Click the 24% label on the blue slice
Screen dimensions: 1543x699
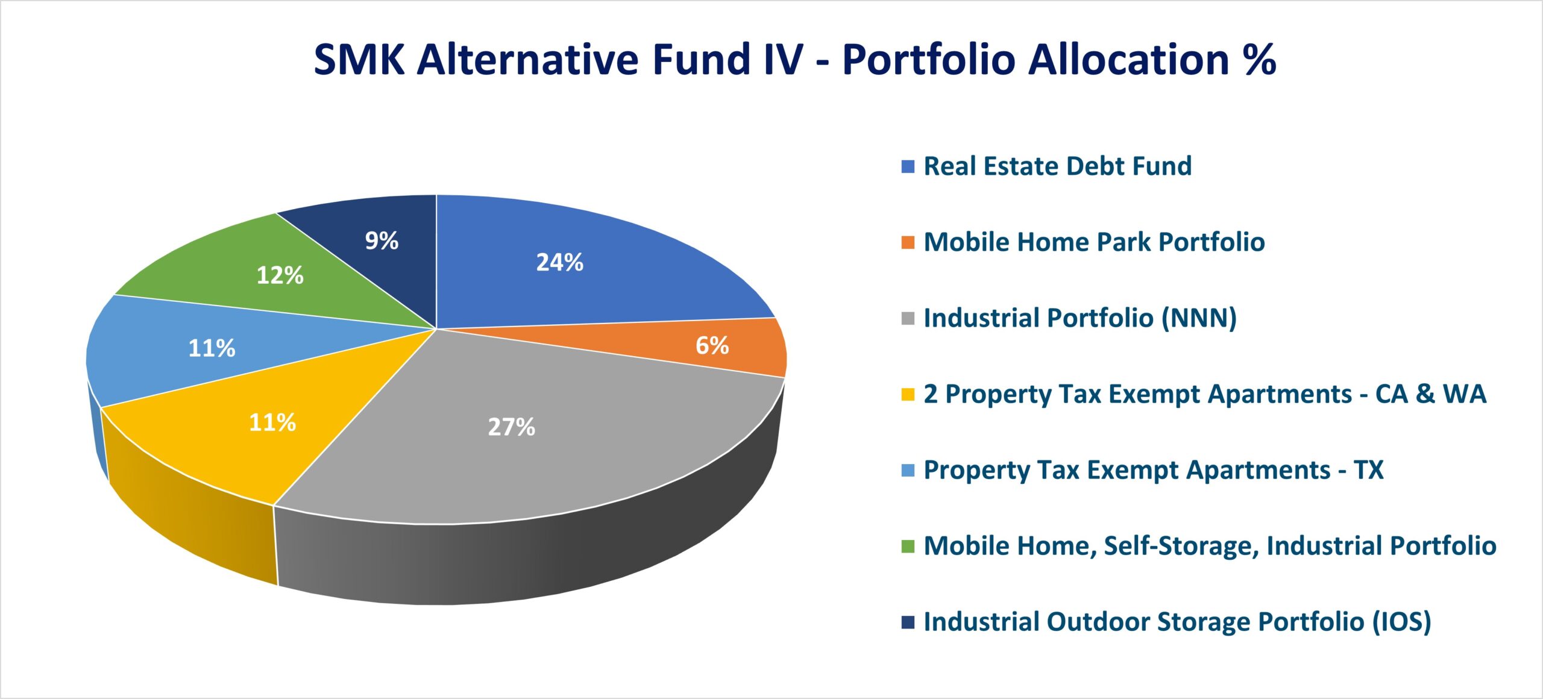click(560, 262)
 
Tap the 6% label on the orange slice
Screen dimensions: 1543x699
click(712, 345)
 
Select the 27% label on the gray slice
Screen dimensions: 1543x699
click(512, 427)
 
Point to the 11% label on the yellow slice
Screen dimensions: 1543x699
click(272, 422)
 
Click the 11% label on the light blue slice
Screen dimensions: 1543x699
click(212, 348)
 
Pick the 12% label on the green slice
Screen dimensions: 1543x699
click(280, 275)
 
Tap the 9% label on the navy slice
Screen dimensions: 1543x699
click(382, 240)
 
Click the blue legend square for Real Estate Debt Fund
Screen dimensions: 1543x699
click(908, 166)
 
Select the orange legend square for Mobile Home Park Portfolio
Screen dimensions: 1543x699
click(908, 242)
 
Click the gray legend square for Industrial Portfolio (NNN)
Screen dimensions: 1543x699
click(908, 318)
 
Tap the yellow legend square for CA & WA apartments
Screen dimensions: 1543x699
click(908, 394)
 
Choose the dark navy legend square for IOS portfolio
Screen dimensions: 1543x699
click(908, 622)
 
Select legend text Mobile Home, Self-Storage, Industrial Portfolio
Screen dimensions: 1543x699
click(1210, 546)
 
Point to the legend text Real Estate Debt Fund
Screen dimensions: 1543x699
click(1058, 166)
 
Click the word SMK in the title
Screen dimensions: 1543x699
click(359, 59)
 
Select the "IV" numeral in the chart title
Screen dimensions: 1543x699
click(783, 59)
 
